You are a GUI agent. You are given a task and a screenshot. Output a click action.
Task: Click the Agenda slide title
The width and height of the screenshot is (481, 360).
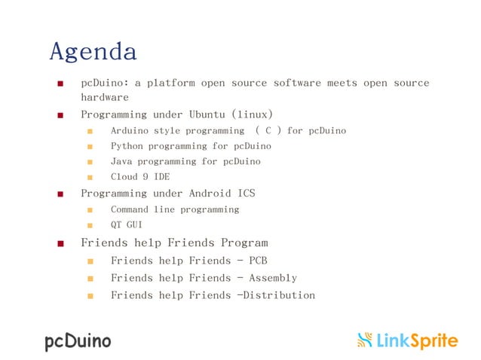click(x=93, y=52)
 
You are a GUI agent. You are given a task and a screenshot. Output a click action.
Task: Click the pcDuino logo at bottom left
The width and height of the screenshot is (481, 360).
click(x=77, y=341)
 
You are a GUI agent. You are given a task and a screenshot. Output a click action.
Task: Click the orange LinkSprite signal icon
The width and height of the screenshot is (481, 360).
click(x=365, y=340)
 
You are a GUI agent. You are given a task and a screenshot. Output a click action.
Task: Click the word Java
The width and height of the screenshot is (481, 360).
click(x=121, y=161)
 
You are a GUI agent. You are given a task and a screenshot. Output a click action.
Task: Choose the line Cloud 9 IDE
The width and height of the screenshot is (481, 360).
click(x=140, y=176)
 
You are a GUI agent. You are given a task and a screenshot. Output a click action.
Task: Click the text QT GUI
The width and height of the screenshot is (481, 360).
click(x=127, y=224)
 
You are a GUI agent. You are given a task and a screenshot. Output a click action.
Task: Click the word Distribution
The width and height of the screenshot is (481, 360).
click(x=276, y=294)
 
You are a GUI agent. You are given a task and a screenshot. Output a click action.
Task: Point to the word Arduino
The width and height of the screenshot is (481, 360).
click(x=130, y=130)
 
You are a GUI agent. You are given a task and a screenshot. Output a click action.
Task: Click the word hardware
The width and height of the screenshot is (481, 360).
click(x=105, y=97)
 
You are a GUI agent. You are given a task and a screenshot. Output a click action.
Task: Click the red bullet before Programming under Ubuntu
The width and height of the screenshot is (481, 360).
click(x=60, y=115)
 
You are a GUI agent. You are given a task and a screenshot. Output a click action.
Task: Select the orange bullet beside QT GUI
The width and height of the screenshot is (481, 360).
click(x=90, y=225)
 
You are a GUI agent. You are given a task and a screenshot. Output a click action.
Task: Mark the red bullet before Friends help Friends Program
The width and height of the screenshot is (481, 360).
click(x=60, y=244)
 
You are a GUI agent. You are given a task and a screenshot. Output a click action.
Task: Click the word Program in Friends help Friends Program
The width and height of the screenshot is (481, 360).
click(x=244, y=243)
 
